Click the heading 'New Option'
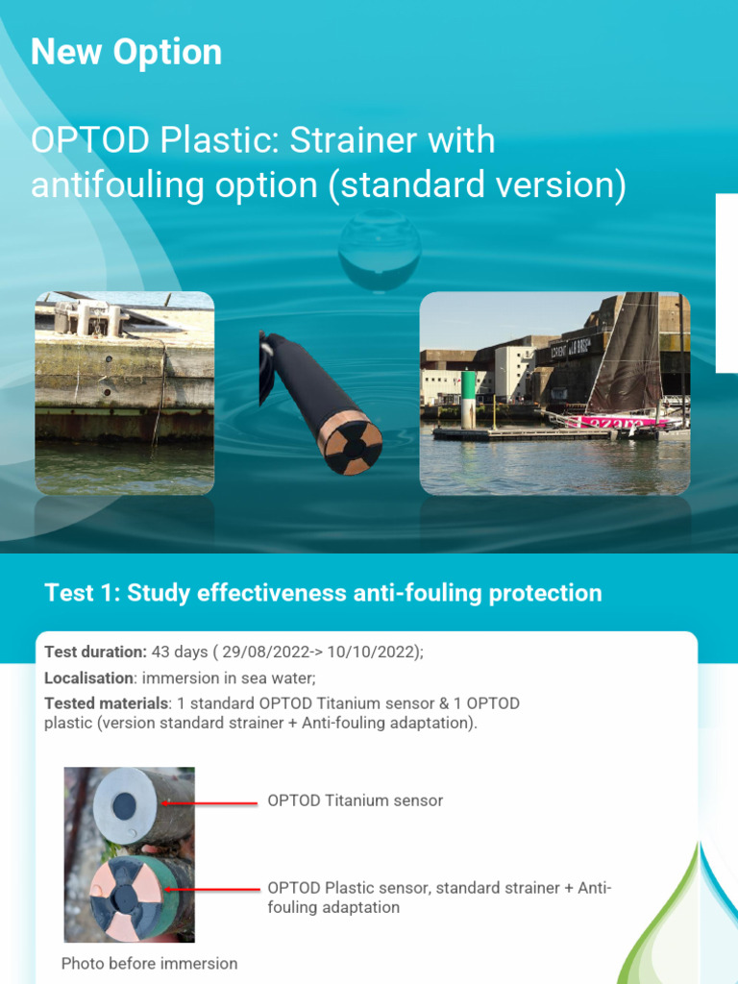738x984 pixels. (x=126, y=52)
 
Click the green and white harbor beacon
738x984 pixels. (x=469, y=399)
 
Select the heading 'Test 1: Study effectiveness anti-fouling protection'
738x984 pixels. (x=323, y=593)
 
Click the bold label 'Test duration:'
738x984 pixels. (x=95, y=652)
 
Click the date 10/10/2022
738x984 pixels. (x=371, y=652)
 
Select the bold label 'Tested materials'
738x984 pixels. (x=106, y=703)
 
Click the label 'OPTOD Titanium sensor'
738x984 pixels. (x=355, y=800)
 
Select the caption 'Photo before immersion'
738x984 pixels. (x=149, y=963)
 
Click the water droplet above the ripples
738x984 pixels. (x=379, y=247)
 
